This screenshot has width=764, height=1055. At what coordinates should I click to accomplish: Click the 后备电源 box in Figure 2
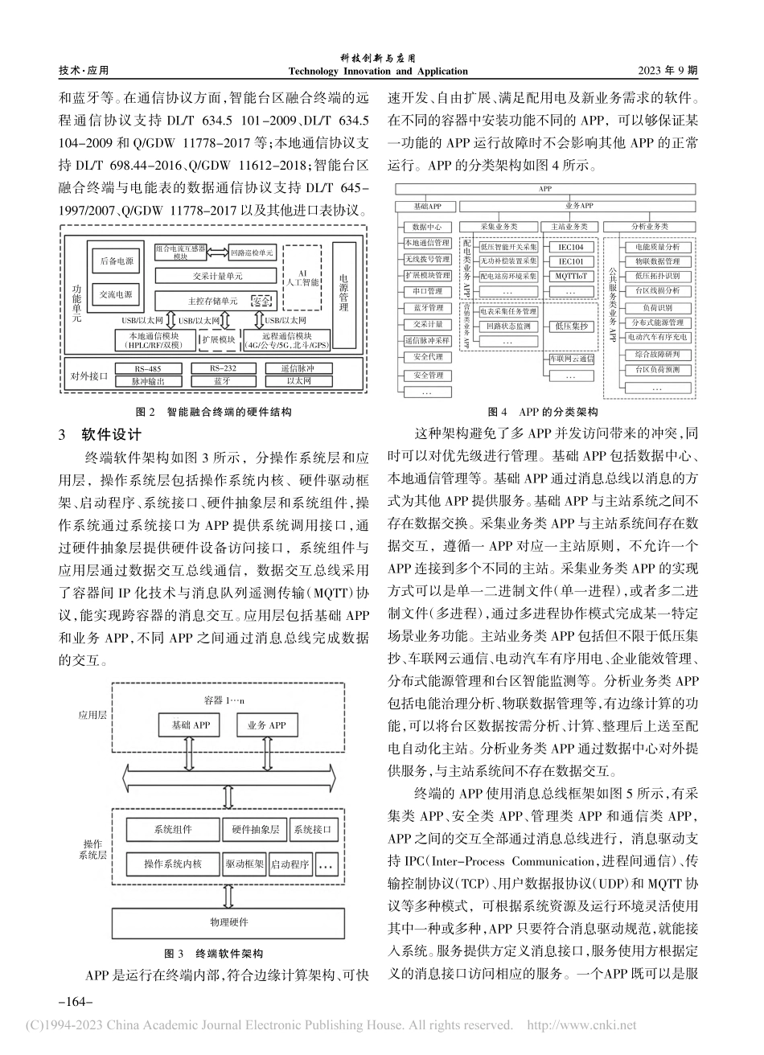pos(117,262)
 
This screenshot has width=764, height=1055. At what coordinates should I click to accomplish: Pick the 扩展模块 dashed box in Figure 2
pos(217,340)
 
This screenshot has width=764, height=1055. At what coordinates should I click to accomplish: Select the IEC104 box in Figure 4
pos(570,247)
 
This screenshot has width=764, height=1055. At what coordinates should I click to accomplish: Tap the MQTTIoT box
pos(570,276)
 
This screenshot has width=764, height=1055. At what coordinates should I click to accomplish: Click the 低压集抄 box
pos(570,326)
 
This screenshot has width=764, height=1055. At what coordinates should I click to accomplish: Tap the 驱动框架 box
pos(244,864)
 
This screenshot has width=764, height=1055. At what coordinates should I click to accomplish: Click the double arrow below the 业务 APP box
pos(264,754)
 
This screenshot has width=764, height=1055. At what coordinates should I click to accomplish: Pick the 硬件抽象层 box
pos(255,829)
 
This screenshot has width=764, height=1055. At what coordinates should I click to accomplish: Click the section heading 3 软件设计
pos(101,435)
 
